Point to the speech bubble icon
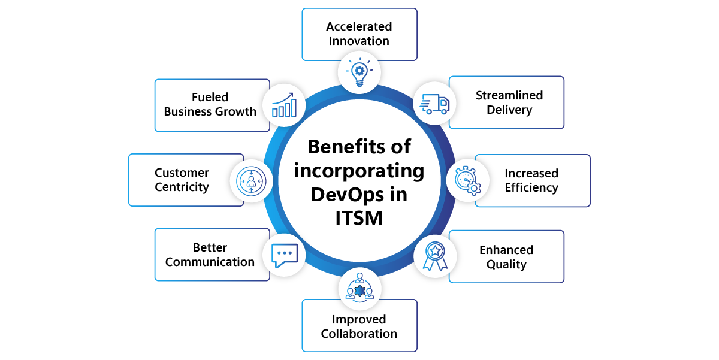285,255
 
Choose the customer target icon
250,180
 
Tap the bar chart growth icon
284,104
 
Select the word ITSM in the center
359,218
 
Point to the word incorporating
359,171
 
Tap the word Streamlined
509,95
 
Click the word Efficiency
531,187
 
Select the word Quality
506,264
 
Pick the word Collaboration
359,334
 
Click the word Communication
210,262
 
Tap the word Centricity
182,187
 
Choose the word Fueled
210,97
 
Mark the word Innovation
359,41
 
